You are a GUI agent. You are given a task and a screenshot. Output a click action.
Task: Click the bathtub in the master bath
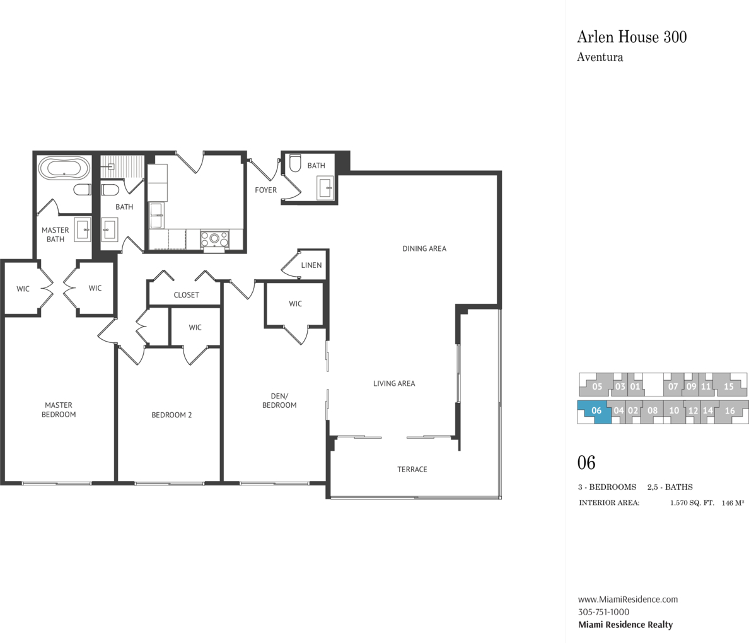coord(64,168)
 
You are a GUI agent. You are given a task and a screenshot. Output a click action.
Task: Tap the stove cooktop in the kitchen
coord(214,238)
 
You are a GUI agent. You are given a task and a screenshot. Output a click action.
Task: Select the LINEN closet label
coord(311,265)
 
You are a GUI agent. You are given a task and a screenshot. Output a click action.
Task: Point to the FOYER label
coord(265,190)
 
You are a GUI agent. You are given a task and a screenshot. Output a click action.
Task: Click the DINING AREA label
coord(424,248)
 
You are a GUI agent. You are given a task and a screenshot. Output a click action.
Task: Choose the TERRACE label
coord(412,470)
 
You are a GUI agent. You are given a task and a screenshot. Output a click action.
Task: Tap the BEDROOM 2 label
coord(171,415)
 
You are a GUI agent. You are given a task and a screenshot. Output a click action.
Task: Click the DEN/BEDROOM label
coord(279,400)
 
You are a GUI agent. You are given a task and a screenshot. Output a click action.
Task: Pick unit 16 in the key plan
coord(730,411)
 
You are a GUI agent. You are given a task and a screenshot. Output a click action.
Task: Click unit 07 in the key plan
coord(673,386)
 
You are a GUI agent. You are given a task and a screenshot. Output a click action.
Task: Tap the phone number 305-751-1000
coord(603,612)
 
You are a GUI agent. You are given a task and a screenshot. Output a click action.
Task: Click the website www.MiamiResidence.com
coord(628,599)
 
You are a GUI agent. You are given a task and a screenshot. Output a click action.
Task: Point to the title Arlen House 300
coord(632,37)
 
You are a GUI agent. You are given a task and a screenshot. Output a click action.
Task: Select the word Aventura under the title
coord(600,57)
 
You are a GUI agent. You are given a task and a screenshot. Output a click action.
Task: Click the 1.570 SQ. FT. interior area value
coord(692,502)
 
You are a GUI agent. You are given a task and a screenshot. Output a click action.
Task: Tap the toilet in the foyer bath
coord(296,163)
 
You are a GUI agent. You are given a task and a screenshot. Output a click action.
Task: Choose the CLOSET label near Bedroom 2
coord(186,295)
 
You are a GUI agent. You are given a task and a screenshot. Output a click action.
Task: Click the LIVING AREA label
coord(394,384)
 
